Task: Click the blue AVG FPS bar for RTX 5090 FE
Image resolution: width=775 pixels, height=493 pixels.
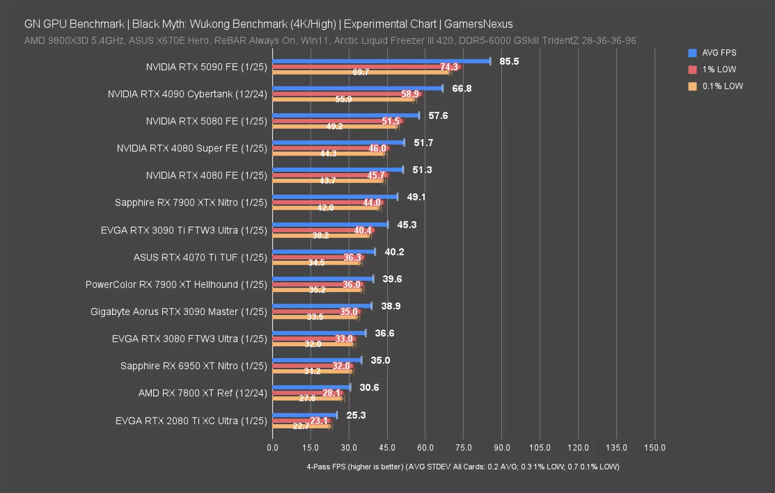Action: click(x=381, y=61)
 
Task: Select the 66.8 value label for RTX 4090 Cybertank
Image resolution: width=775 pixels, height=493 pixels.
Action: click(x=461, y=89)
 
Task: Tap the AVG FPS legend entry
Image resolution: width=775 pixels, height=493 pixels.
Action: click(x=719, y=53)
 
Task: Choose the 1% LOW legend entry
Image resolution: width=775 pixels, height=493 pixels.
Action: click(x=719, y=70)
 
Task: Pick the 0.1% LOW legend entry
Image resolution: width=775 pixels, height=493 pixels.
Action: click(x=722, y=86)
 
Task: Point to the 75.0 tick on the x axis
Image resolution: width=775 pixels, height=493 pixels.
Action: click(x=463, y=448)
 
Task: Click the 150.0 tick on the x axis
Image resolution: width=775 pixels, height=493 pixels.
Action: click(x=654, y=448)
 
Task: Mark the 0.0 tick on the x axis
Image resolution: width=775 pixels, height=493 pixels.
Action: click(x=273, y=448)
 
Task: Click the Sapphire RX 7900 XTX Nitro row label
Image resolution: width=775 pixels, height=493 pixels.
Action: click(x=191, y=203)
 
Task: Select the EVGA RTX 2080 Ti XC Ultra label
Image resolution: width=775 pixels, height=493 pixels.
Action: click(x=191, y=421)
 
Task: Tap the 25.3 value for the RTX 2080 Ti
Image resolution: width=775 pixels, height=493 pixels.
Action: click(x=356, y=415)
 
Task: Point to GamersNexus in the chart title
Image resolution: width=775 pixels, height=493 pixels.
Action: click(x=478, y=24)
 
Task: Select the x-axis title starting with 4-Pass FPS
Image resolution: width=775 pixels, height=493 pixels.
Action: click(x=463, y=467)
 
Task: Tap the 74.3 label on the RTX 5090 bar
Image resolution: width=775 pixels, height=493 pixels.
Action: click(x=449, y=67)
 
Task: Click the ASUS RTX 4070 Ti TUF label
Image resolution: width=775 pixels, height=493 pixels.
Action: click(x=200, y=257)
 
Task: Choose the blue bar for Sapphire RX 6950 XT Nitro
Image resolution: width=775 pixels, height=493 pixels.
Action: click(x=317, y=360)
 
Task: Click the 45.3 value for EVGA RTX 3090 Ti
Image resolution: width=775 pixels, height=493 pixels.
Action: click(x=406, y=225)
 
